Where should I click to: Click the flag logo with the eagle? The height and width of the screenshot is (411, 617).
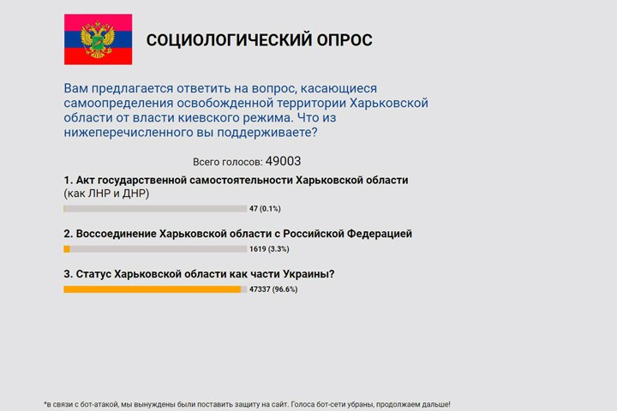pos(98,39)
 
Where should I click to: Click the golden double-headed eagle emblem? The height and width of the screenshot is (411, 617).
pos(98,40)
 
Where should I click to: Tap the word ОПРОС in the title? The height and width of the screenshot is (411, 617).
pos(344,40)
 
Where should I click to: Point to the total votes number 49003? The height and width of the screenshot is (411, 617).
pos(283,161)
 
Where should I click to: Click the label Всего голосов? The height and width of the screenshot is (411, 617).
pos(228,162)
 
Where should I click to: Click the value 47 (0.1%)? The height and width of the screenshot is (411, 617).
pos(265,208)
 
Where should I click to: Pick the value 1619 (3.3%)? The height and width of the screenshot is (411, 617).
pos(269,249)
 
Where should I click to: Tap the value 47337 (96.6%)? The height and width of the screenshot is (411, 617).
pos(273,289)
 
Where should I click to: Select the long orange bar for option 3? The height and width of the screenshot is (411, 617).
pos(153,289)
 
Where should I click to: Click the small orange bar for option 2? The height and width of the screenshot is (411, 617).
pos(67,249)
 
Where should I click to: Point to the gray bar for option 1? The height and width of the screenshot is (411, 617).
pos(155,209)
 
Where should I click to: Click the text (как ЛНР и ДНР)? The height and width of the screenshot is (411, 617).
pos(106,194)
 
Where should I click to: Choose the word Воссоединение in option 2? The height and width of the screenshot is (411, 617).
pos(116,234)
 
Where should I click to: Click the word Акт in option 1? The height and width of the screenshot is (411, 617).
pos(85,180)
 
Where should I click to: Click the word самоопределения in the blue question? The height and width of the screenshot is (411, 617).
pos(118,104)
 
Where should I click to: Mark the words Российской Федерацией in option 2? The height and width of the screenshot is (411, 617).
pos(347,234)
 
